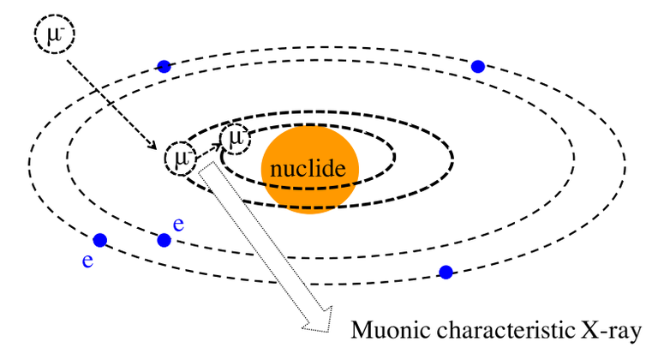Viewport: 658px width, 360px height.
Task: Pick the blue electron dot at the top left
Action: pos(164,66)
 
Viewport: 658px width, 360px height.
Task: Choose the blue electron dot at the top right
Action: pos(478,66)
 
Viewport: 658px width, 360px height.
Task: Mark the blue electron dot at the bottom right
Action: pos(445,273)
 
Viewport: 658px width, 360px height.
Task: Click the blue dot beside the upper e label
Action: pos(164,240)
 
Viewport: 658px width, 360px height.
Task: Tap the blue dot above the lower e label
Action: pos(99,241)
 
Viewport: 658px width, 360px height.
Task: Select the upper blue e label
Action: pos(178,225)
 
